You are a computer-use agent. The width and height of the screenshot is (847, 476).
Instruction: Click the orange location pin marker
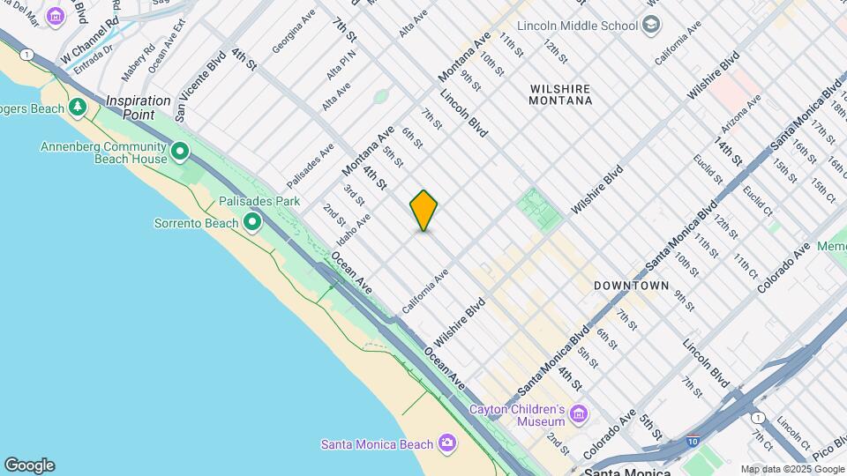423,211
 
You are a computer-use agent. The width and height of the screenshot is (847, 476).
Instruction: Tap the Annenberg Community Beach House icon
180,152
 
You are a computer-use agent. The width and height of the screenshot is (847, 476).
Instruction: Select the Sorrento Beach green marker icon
252,221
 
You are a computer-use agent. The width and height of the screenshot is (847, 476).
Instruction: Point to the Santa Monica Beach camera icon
447,442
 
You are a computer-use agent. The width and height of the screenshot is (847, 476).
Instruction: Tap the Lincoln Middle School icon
651,25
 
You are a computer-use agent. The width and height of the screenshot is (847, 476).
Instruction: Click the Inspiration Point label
139,101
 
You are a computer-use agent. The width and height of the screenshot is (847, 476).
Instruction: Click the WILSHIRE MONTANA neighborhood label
560,94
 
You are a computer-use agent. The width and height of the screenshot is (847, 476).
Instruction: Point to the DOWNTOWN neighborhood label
631,286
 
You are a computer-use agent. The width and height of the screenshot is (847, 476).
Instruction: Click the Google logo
29,465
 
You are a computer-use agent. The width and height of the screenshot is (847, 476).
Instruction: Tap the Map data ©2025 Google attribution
792,469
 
